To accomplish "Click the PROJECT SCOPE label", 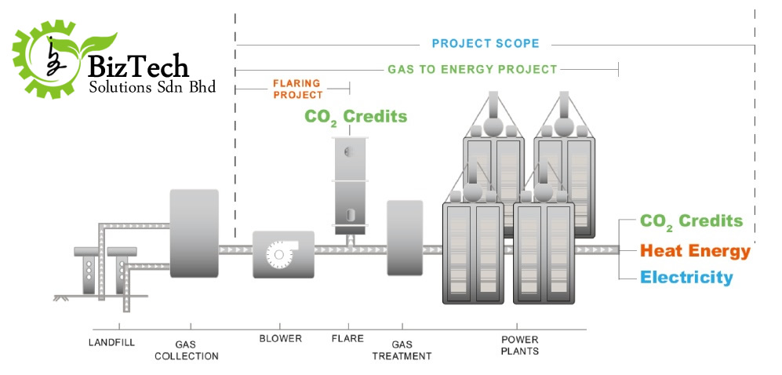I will click(x=486, y=44).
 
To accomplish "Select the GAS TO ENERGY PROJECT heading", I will click(x=472, y=69).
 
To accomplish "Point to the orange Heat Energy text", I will click(x=695, y=251).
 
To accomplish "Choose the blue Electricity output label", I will click(x=686, y=277).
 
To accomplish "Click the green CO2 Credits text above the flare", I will click(x=356, y=117).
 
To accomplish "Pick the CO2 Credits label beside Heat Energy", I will click(x=691, y=221).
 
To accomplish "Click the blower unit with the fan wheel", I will click(x=282, y=253).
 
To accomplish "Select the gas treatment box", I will click(x=405, y=238).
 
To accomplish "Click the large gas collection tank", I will click(x=194, y=233).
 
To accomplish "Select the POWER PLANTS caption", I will click(x=520, y=345).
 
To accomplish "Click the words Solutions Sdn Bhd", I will click(x=152, y=87).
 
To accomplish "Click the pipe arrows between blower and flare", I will click(x=326, y=249).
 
